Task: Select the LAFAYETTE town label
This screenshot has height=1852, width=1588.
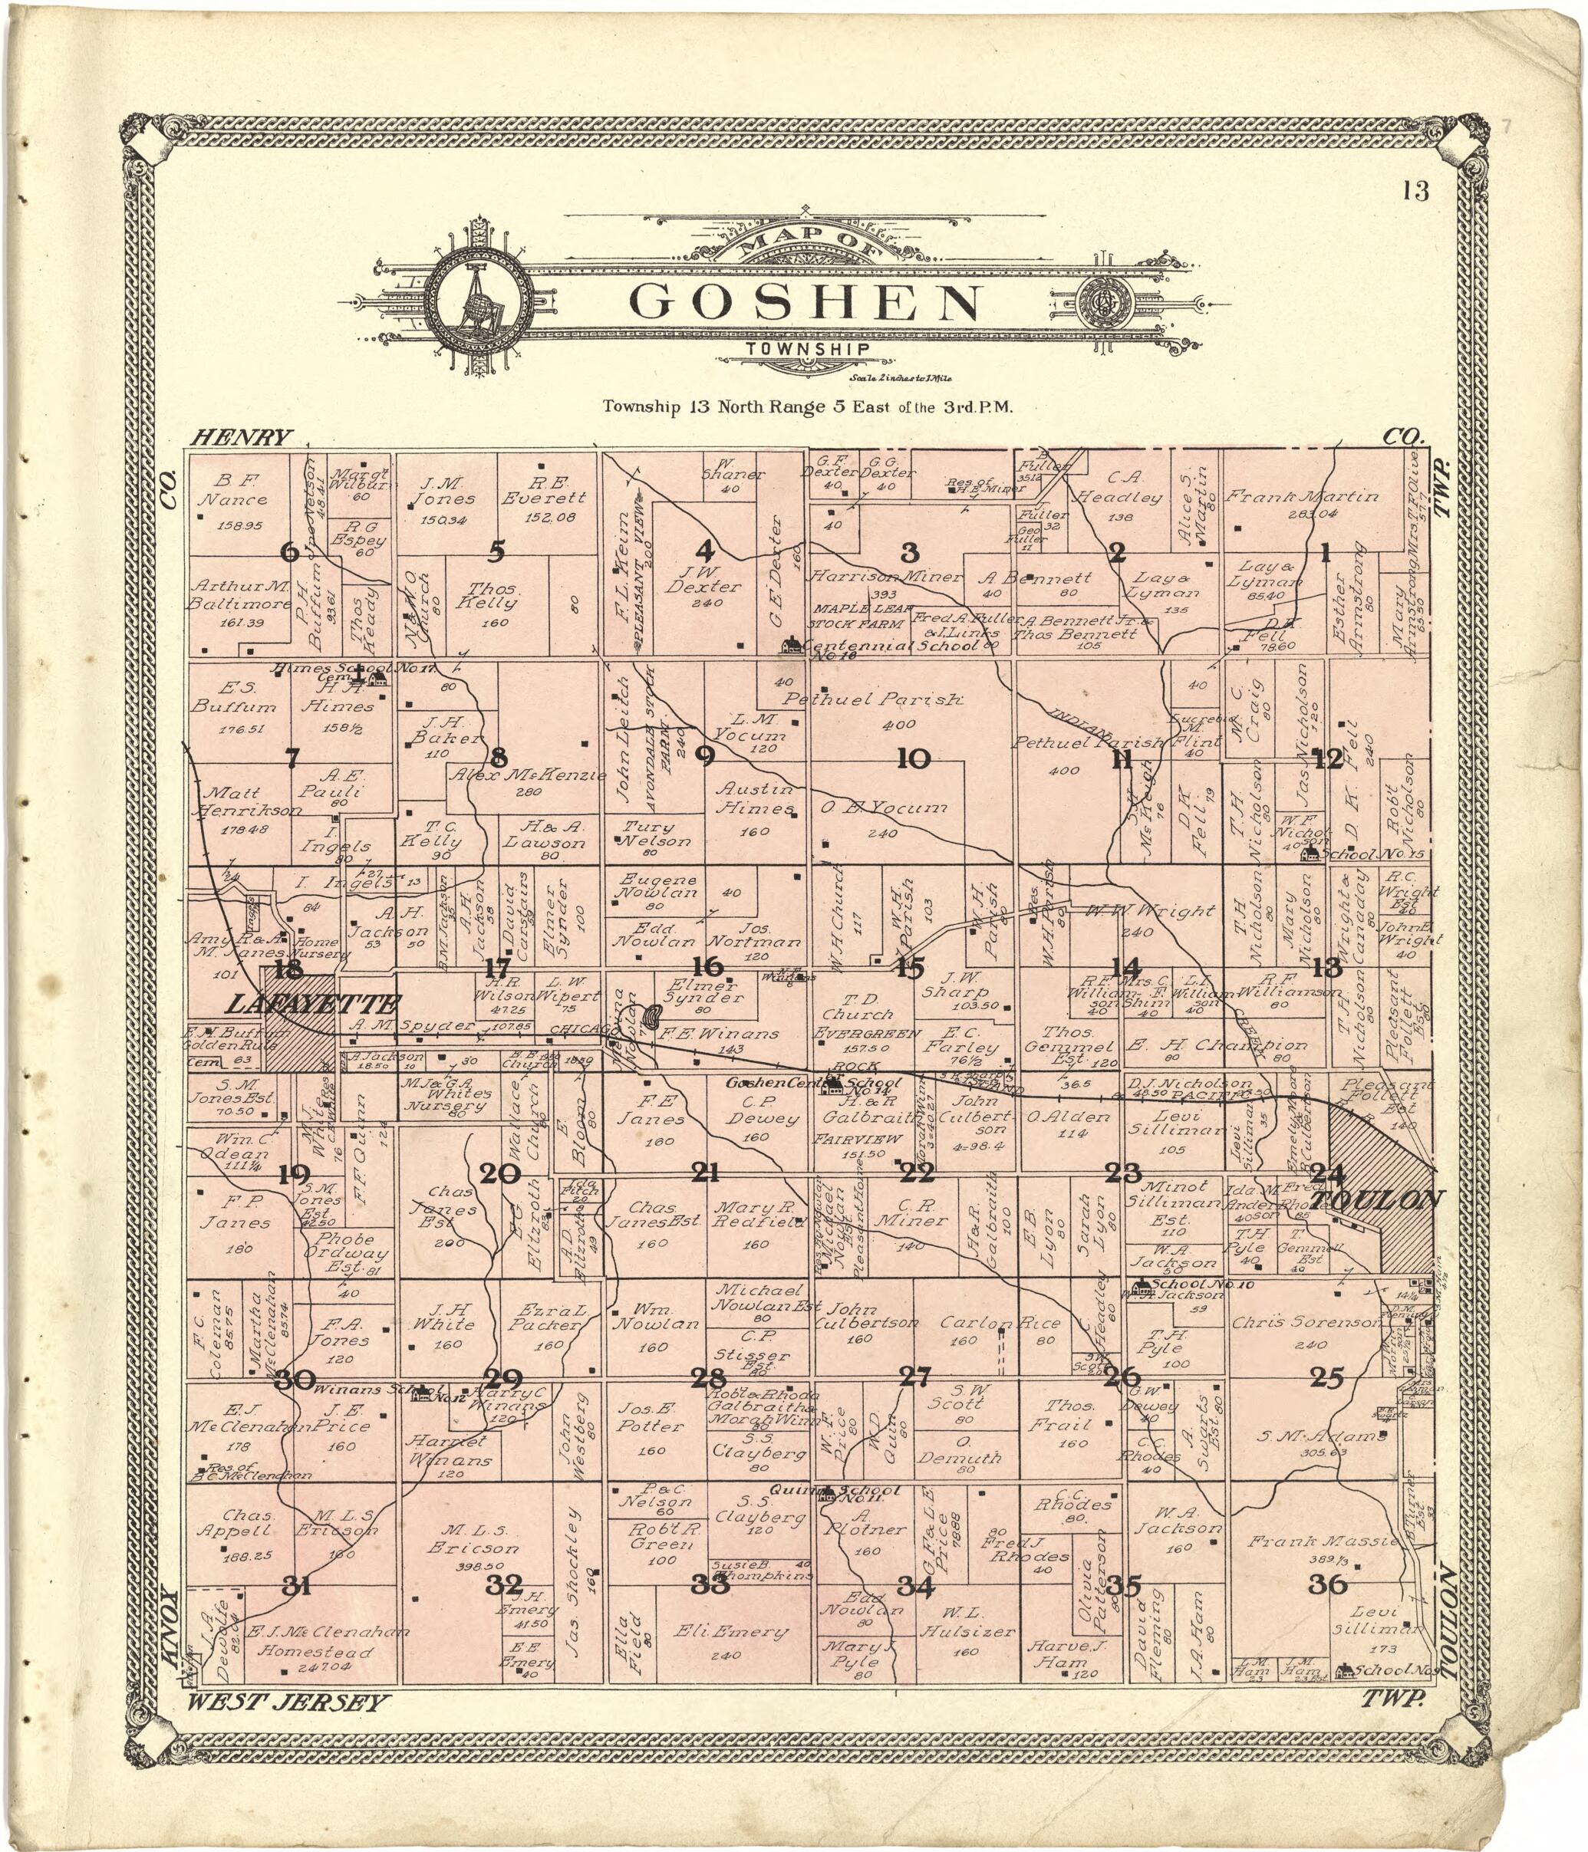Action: pos(315,1003)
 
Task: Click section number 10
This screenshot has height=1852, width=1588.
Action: pos(913,759)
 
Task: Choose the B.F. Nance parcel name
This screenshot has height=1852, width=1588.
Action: pos(231,491)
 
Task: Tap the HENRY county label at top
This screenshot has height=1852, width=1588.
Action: pos(242,437)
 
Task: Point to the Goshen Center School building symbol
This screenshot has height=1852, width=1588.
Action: pos(833,1084)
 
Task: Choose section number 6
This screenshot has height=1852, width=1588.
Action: pos(288,551)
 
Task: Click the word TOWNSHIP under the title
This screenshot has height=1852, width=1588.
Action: pos(806,350)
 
